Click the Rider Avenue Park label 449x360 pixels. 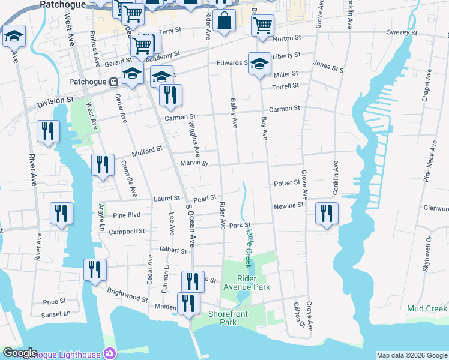tap(246, 283)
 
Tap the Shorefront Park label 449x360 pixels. tap(223, 318)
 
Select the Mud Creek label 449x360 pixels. tap(427, 308)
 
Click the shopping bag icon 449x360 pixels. tap(224, 20)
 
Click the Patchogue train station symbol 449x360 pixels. tap(112, 82)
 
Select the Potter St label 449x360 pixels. tap(286, 182)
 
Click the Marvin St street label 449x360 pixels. tap(193, 163)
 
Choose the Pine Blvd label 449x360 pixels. tap(127, 214)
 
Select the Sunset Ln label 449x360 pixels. tap(56, 313)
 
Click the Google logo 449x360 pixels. tap(20, 353)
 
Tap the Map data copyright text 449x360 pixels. tap(412, 355)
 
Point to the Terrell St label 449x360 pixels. tap(285, 86)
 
